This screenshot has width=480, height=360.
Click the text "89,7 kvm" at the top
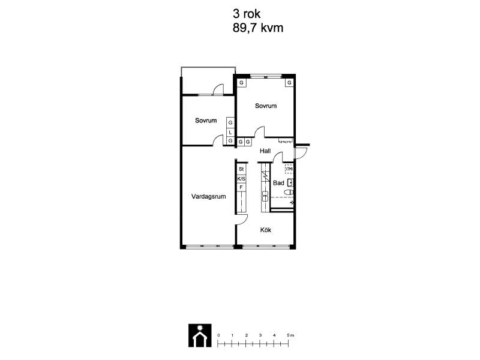click(x=258, y=28)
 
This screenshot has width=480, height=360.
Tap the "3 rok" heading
click(x=247, y=14)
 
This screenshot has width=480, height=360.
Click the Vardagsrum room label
click(x=208, y=197)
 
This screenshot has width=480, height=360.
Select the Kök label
click(x=266, y=230)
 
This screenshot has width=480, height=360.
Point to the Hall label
click(x=265, y=151)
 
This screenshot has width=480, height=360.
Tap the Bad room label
click(x=278, y=183)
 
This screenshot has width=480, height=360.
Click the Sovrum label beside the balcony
click(x=206, y=121)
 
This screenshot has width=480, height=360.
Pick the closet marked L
click(x=230, y=132)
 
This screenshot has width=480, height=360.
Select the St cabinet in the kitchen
click(x=241, y=169)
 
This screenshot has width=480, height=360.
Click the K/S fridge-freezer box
click(x=241, y=178)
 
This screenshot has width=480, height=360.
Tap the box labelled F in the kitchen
click(x=241, y=187)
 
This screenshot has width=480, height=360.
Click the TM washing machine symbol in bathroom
click(x=289, y=169)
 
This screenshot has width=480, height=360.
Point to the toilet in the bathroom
click(x=289, y=192)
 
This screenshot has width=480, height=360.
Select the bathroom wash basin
click(x=290, y=183)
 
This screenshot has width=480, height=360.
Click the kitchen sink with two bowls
click(x=265, y=196)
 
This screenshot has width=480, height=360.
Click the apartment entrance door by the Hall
click(x=301, y=153)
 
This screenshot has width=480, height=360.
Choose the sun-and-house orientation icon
click(x=200, y=335)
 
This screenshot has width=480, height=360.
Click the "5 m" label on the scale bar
click(x=290, y=335)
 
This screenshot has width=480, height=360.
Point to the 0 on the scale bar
click(x=218, y=335)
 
